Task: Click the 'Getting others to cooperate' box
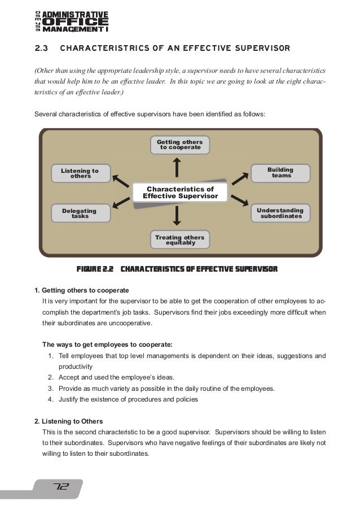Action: point(180,145)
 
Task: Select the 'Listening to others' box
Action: point(80,173)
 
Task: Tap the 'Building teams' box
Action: point(280,173)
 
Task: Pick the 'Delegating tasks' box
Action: point(80,213)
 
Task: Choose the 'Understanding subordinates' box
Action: point(280,213)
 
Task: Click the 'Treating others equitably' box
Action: point(180,240)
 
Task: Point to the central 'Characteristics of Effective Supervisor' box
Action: point(180,193)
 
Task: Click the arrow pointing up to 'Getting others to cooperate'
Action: point(178,167)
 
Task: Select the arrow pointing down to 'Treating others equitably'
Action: point(178,215)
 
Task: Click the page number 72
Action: point(60,487)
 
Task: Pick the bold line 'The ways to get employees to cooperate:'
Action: point(108,344)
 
